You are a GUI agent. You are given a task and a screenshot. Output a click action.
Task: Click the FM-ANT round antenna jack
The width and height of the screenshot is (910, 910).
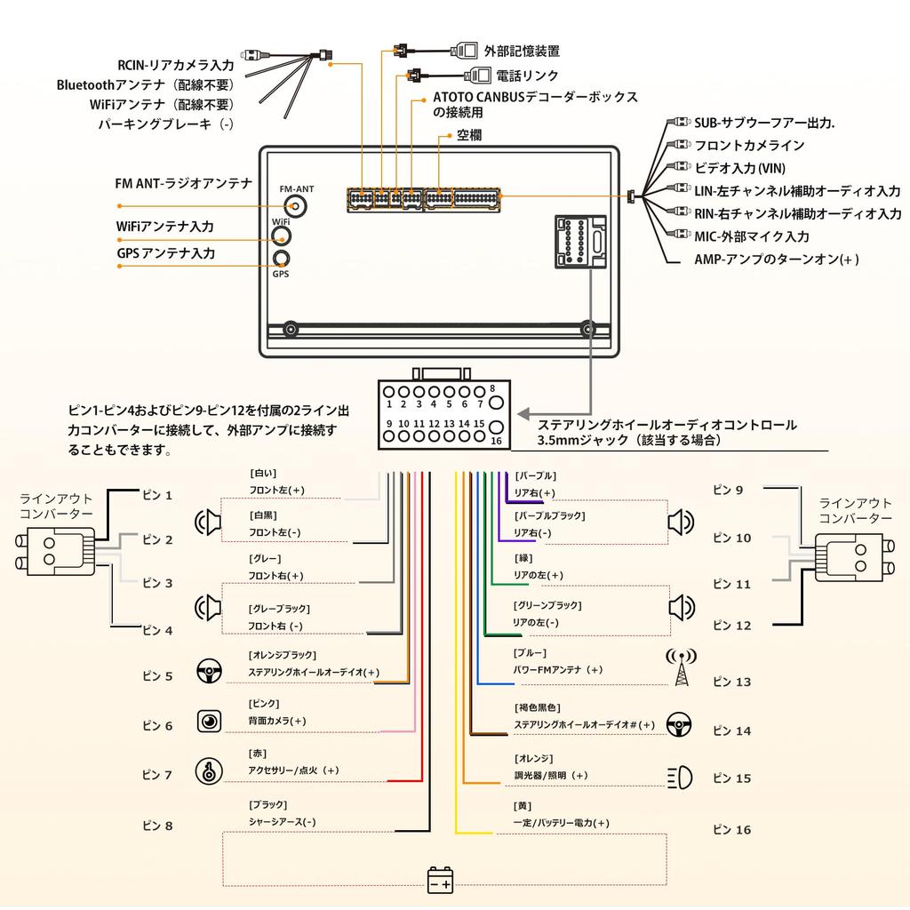click(296, 206)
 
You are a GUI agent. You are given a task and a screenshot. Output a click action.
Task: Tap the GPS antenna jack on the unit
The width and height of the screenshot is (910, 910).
click(282, 259)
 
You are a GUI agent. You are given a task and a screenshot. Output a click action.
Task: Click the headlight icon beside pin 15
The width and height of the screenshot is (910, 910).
click(680, 777)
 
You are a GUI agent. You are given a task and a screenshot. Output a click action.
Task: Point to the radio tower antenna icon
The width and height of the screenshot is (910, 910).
click(682, 667)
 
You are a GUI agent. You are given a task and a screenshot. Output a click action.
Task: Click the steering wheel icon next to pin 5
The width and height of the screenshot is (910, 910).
click(209, 672)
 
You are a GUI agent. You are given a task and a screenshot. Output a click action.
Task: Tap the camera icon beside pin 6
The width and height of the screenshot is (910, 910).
click(209, 722)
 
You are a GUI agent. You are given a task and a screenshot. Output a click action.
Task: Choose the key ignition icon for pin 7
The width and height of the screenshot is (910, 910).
click(209, 772)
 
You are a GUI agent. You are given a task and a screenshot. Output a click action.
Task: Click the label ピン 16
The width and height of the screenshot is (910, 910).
click(732, 830)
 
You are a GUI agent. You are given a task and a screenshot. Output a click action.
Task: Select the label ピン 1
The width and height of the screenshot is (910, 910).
click(157, 495)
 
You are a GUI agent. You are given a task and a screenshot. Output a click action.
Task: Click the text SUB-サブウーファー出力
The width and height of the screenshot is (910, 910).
click(763, 123)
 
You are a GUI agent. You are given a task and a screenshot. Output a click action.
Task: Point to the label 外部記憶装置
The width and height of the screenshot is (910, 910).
click(522, 51)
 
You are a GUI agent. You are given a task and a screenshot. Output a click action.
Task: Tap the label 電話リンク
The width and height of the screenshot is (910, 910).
click(527, 76)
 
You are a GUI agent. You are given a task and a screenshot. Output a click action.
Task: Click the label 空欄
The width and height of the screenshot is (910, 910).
click(469, 135)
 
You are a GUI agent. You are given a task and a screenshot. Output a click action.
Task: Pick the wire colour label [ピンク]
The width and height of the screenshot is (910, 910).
click(264, 704)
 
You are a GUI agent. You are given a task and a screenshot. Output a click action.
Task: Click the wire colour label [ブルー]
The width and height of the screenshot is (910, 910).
click(530, 653)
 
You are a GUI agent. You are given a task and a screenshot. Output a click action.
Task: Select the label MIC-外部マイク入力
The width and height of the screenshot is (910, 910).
click(752, 236)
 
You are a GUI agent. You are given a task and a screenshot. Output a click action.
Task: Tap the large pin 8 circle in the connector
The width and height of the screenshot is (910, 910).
click(496, 403)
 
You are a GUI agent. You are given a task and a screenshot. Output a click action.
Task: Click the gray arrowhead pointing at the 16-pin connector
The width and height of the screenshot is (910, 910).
click(523, 414)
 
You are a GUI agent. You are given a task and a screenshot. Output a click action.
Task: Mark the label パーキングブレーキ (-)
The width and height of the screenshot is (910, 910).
click(165, 124)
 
